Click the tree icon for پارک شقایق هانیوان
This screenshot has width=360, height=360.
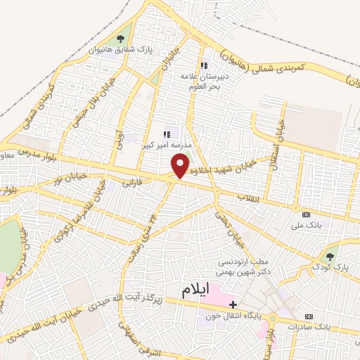120,39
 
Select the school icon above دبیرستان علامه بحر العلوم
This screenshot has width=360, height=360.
205,65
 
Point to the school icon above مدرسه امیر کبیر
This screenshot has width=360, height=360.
167,134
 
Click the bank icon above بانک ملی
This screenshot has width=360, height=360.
305,214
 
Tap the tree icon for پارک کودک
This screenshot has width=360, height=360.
330,255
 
